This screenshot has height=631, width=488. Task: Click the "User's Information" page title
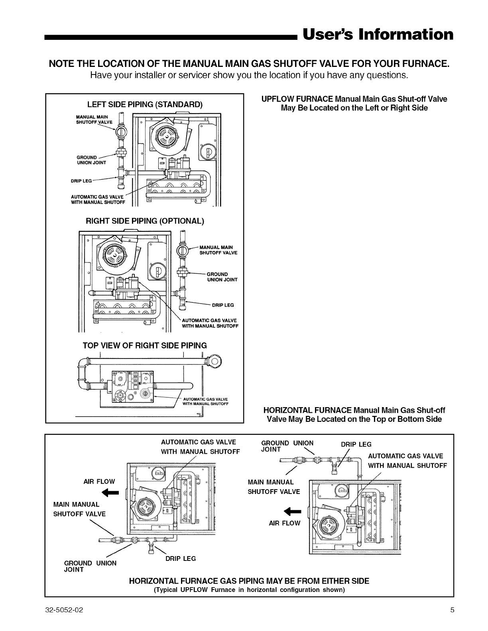pyautogui.click(x=378, y=34)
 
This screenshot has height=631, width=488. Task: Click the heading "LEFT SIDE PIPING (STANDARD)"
pyautogui.click(x=145, y=105)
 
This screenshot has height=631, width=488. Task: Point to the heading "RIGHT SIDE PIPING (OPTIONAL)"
pyautogui.click(x=145, y=221)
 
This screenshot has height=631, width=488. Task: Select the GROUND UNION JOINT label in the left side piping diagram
pyautogui.click(x=91, y=160)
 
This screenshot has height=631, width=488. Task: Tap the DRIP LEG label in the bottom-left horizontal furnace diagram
pyautogui.click(x=181, y=559)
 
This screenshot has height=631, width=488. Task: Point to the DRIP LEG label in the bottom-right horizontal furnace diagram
pyautogui.click(x=356, y=445)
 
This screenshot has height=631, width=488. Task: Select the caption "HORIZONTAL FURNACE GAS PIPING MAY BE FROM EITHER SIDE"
pyautogui.click(x=249, y=581)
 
